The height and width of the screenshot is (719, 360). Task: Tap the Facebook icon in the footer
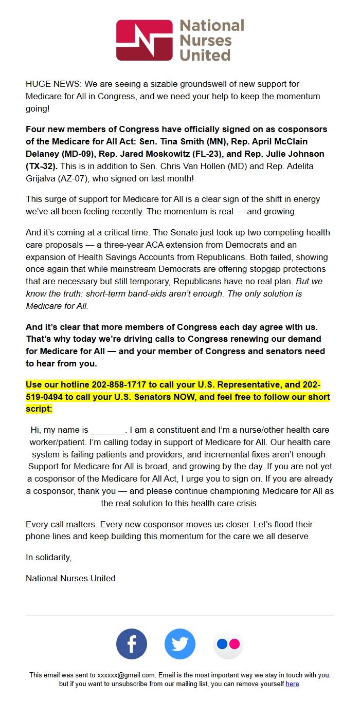coord(132,644)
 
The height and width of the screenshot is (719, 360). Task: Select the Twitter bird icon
coord(180,644)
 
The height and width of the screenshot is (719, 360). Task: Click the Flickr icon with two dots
coord(228,644)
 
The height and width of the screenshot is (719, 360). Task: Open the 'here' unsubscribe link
coord(292,684)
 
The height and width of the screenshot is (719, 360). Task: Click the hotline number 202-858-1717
coord(120,384)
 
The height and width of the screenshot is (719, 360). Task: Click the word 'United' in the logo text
coord(205,54)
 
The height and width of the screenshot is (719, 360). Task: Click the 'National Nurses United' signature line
coord(70,578)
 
